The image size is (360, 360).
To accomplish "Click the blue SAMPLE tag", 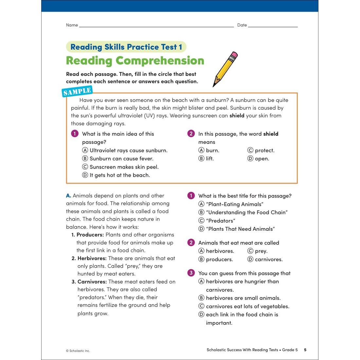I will [x=77, y=91].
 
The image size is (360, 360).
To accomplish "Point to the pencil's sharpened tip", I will [x=214, y=85].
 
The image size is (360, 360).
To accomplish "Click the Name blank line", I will [x=156, y=25].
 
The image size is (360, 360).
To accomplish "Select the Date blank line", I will [x=273, y=25].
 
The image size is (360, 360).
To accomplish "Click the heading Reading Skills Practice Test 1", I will [x=126, y=47].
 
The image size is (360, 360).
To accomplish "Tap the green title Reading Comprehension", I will [x=135, y=61].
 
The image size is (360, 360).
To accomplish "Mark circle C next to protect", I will [x=250, y=150].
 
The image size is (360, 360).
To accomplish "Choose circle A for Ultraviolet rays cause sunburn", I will [x=85, y=150].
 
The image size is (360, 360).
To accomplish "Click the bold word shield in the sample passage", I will [x=237, y=116].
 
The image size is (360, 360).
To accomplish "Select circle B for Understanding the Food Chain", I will [x=202, y=212].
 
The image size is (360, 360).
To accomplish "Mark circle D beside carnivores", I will [x=250, y=259].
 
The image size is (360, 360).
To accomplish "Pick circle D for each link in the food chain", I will [x=202, y=315].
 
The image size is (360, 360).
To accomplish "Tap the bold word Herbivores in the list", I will [x=92, y=258].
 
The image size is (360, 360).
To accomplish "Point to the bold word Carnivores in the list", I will [x=92, y=281].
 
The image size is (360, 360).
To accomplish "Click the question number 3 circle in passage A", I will [x=191, y=273].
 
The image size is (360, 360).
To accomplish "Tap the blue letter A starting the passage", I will [x=68, y=196].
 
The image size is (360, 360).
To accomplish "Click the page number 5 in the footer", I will [x=305, y=350].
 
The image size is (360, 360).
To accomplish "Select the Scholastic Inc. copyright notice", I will [x=78, y=351].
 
